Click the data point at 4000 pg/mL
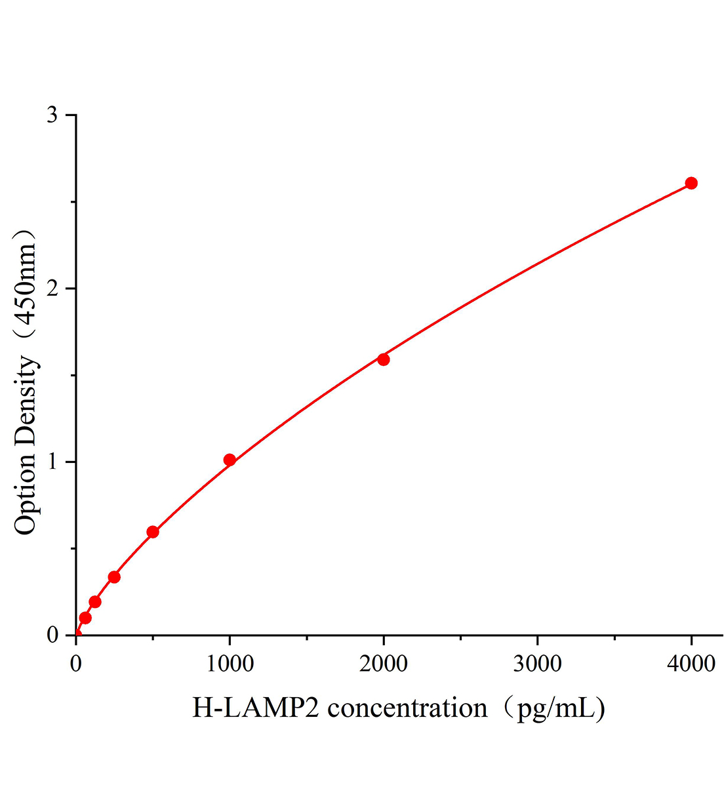click(691, 183)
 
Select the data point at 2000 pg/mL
click(384, 359)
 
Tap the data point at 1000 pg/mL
click(230, 460)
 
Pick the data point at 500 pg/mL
click(153, 532)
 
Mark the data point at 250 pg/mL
click(114, 577)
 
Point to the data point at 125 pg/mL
click(95, 602)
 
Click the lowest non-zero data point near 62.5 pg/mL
click(85, 618)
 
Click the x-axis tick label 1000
click(230, 664)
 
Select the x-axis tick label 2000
click(384, 664)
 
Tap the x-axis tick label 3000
click(537, 664)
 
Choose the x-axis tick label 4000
click(691, 664)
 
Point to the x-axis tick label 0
click(76, 664)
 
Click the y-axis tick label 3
click(52, 115)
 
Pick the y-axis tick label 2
click(52, 289)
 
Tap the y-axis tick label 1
click(52, 462)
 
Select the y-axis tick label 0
click(52, 636)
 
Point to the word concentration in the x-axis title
click(407, 708)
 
